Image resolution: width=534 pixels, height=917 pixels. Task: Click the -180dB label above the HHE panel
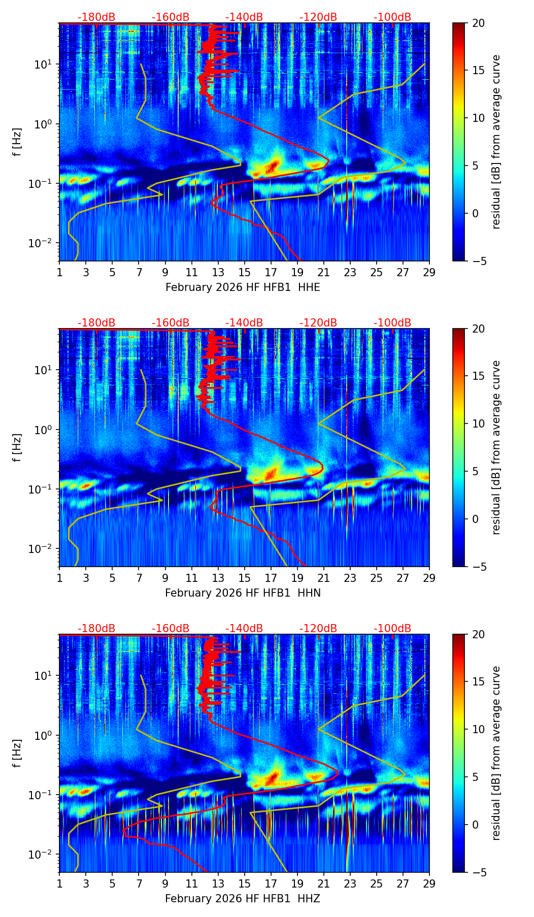96,17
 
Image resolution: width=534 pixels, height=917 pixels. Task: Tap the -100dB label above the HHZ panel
392,629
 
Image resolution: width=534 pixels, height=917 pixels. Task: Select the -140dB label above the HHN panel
244,323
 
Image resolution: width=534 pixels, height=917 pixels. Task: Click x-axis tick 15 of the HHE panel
244,272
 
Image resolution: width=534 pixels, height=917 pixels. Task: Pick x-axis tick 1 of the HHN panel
59,578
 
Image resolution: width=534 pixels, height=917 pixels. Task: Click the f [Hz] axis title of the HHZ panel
17,753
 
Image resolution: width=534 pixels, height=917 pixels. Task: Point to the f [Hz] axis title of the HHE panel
17,142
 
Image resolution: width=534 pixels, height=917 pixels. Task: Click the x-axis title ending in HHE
243,287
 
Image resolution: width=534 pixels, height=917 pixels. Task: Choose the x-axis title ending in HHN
243,593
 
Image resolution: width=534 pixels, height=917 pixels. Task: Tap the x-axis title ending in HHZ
243,899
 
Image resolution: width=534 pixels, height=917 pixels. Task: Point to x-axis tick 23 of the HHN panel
350,578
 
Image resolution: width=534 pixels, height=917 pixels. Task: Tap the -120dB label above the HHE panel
318,17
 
